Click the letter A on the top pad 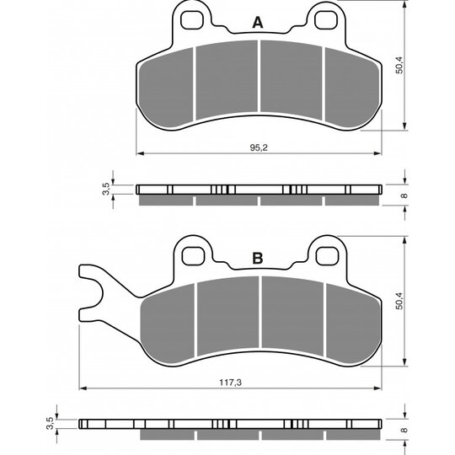[x=258, y=23]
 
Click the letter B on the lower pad [x=258, y=258]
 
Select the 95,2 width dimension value [x=259, y=147]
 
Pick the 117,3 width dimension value [x=230, y=383]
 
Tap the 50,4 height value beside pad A [x=400, y=65]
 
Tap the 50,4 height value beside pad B [x=400, y=301]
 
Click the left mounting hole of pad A [x=191, y=19]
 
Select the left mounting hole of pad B [x=193, y=255]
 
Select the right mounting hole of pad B [x=328, y=255]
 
